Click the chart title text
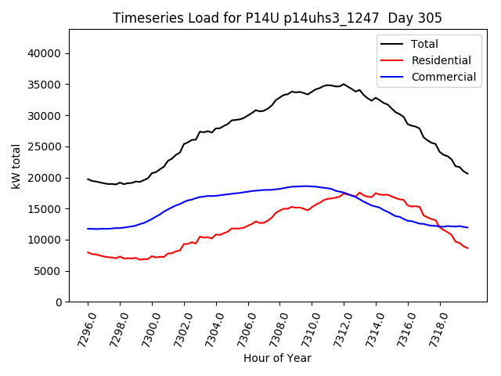(x=277, y=18)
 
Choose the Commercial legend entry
(x=443, y=77)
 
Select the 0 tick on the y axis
(x=59, y=302)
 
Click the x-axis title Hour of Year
(x=277, y=358)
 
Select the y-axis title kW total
(x=16, y=165)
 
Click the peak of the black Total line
(x=343, y=84)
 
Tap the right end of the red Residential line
(x=467, y=248)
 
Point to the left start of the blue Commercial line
(x=88, y=229)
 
